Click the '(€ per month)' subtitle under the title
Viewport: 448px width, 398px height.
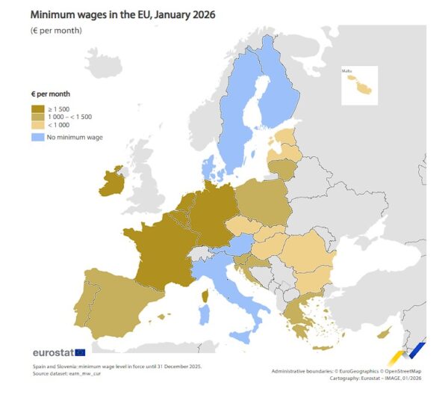tap(56, 31)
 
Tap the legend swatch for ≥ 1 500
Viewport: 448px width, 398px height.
tap(37, 109)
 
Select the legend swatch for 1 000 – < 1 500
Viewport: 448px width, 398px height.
tap(37, 117)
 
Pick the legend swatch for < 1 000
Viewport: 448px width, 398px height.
tap(37, 126)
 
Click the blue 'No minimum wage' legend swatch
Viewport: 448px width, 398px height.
tap(37, 137)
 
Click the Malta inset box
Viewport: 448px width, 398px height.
tap(359, 85)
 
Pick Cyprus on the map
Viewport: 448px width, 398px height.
tap(385, 331)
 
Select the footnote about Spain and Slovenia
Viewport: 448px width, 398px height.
tap(116, 367)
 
